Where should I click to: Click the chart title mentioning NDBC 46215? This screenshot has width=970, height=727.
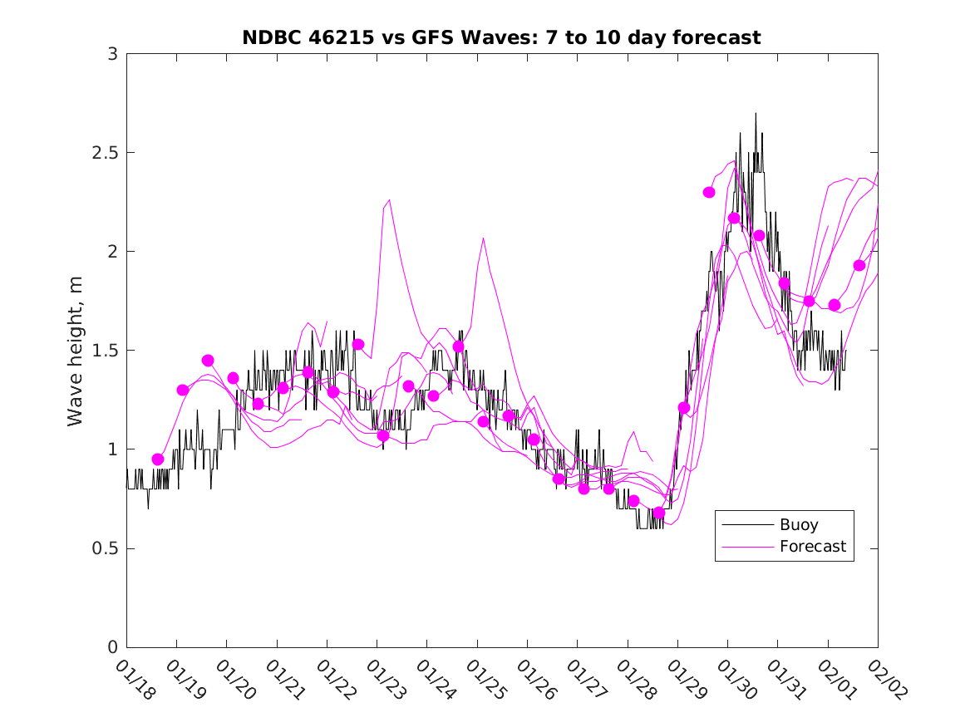[501, 37]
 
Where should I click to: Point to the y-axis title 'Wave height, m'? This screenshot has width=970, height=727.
[76, 351]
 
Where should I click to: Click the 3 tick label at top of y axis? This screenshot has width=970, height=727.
[112, 54]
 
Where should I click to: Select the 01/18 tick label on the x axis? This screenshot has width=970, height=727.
[134, 680]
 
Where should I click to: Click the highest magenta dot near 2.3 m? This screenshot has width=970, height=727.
[709, 192]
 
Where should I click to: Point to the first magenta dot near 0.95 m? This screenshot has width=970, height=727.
[158, 459]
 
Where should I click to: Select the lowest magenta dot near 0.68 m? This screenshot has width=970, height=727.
[659, 513]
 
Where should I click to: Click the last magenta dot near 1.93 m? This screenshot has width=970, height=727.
[859, 266]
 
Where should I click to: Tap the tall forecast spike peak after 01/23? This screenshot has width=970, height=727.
[389, 200]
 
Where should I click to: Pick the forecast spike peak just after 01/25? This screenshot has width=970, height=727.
[484, 238]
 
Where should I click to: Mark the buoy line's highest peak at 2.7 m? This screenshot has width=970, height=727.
[756, 114]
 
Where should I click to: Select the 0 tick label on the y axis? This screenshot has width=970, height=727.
[112, 647]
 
